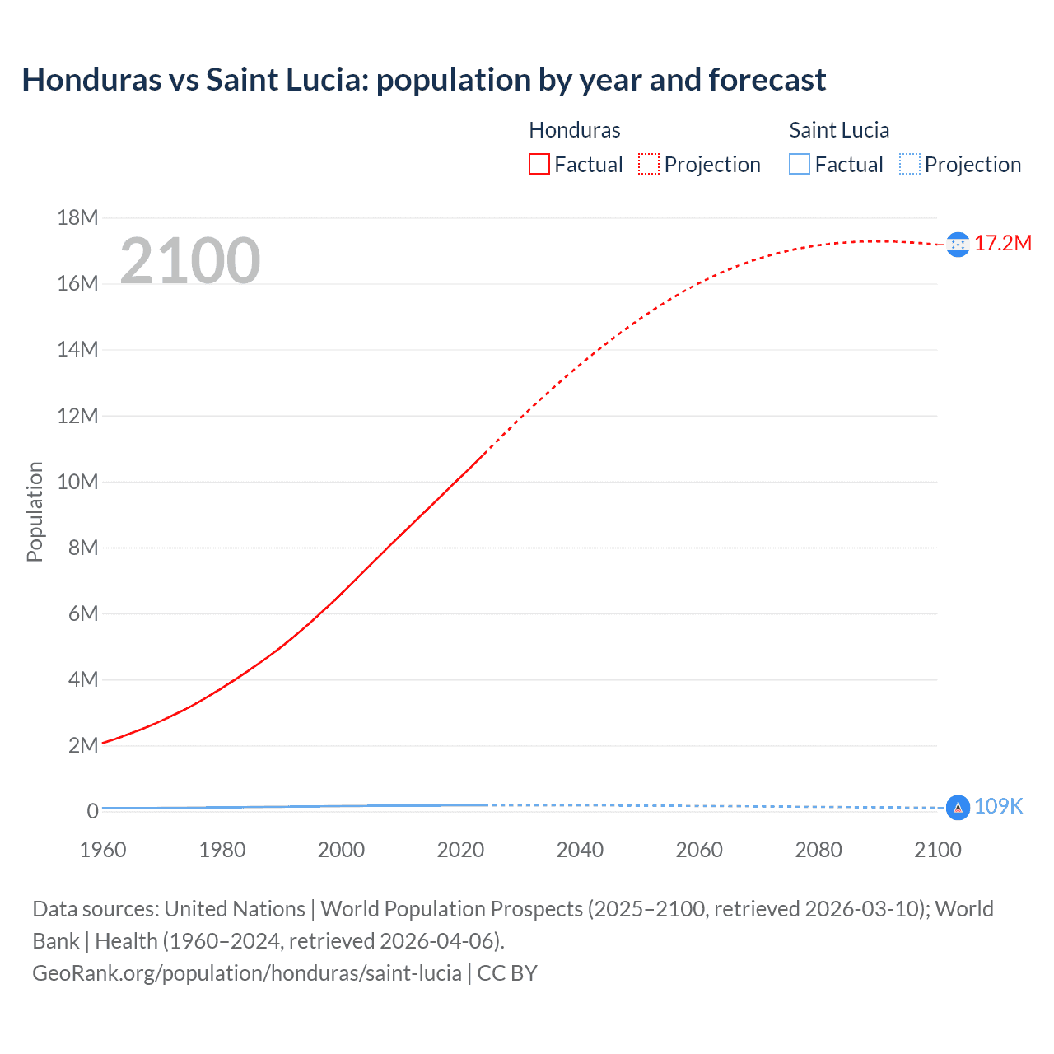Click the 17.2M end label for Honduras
[x=1002, y=243]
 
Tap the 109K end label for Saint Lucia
[x=998, y=806]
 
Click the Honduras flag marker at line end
[x=958, y=245]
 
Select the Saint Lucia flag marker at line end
[x=958, y=808]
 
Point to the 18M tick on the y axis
[x=77, y=217]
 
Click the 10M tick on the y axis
[x=77, y=482]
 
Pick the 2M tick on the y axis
[x=82, y=745]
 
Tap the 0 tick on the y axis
[x=92, y=811]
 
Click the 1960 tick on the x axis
[x=103, y=850]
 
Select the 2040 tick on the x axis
[x=580, y=850]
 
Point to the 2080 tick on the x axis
[x=818, y=850]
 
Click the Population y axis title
[x=35, y=511]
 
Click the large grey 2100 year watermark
[x=190, y=261]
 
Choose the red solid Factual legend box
[x=539, y=164]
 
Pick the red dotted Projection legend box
[x=649, y=164]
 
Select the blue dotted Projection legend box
[x=909, y=164]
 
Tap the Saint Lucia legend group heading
[x=838, y=130]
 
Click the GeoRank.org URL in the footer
[x=247, y=973]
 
